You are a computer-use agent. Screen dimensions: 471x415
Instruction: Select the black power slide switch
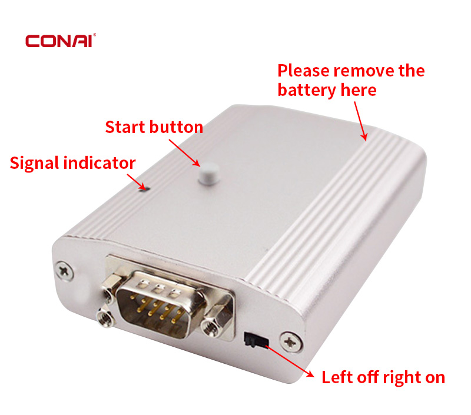click(x=256, y=340)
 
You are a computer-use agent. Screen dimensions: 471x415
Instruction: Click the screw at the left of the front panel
click(x=64, y=271)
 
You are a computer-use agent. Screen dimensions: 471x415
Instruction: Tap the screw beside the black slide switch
click(x=291, y=342)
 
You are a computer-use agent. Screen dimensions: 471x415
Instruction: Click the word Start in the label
click(x=125, y=127)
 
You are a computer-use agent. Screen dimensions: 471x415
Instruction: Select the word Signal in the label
click(x=34, y=164)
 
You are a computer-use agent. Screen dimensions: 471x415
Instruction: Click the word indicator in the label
click(x=99, y=163)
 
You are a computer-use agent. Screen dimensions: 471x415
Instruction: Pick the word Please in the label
click(x=303, y=71)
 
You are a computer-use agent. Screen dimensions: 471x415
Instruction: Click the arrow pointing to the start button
click(x=184, y=153)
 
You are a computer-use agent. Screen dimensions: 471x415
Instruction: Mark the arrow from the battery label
click(x=361, y=121)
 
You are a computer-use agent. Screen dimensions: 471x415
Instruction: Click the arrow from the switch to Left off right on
click(x=290, y=361)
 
